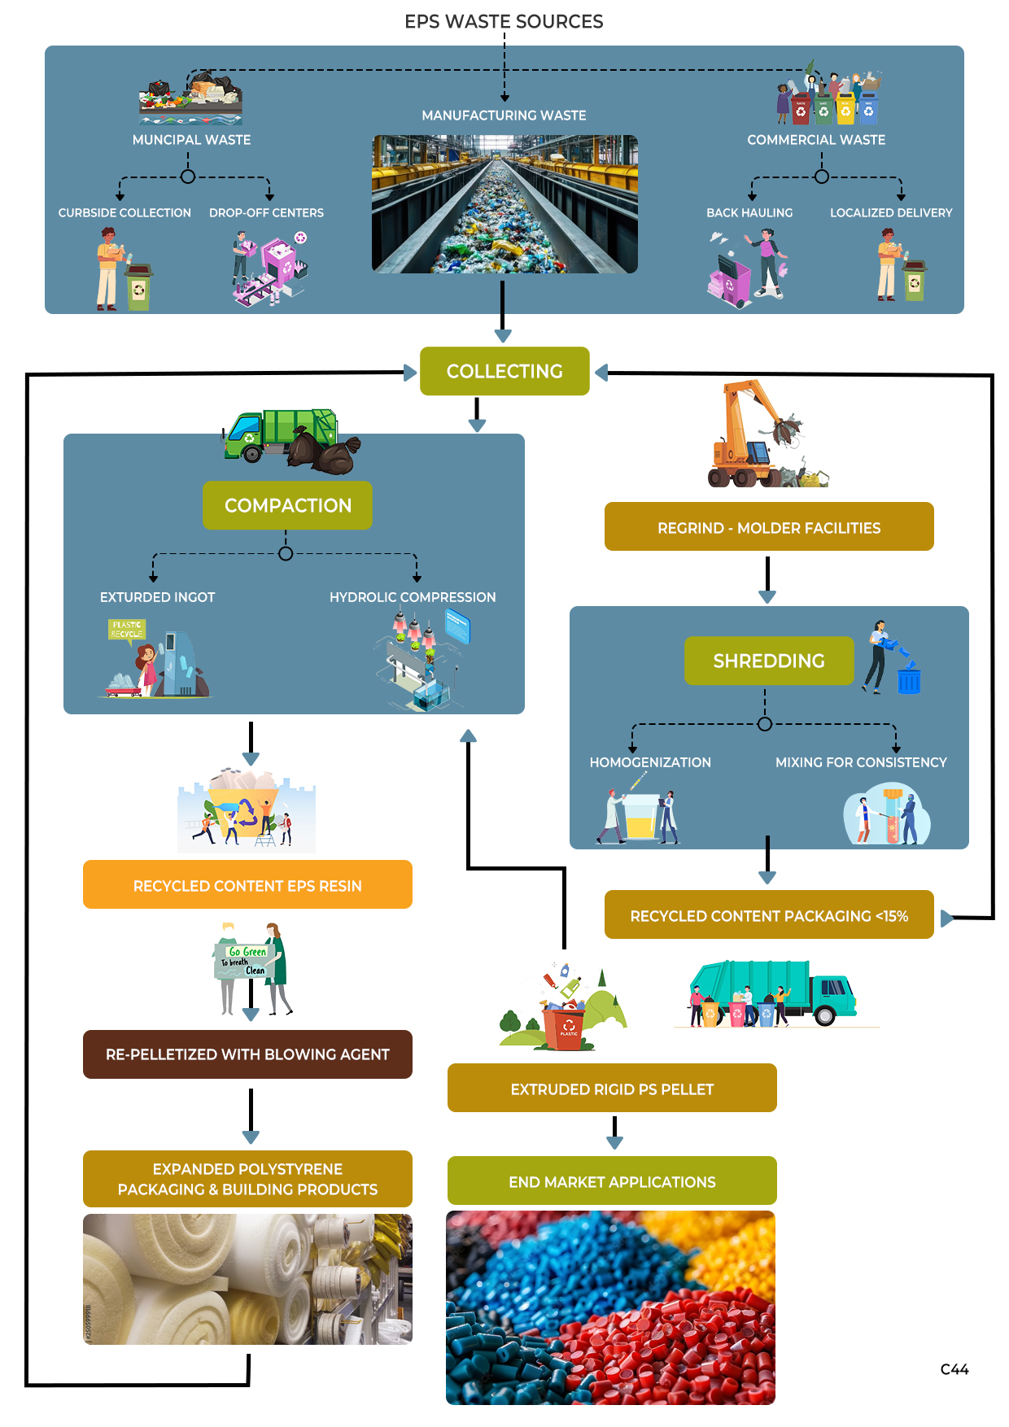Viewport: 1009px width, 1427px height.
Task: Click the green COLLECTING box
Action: (504, 371)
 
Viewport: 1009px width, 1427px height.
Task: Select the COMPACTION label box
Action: (287, 505)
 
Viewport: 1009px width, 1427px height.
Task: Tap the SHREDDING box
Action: (768, 661)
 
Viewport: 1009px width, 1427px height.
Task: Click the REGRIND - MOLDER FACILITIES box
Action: (768, 527)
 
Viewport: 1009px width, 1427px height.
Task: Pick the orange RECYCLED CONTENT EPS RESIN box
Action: (247, 885)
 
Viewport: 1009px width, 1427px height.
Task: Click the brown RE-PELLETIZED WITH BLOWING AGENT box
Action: (247, 1054)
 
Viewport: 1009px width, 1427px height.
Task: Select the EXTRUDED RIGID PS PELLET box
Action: (612, 1089)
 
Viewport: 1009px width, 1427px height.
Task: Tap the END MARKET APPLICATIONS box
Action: (612, 1181)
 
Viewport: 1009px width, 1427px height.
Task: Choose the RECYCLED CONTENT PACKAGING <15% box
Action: (768, 915)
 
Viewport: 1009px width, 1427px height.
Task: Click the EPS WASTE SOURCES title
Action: (504, 21)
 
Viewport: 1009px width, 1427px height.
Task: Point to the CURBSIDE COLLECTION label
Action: (124, 212)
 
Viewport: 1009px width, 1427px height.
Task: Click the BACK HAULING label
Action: (749, 212)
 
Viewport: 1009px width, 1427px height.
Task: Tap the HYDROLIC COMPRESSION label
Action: (413, 597)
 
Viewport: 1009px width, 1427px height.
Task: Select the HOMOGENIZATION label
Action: (650, 762)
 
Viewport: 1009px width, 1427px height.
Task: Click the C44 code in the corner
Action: (954, 1369)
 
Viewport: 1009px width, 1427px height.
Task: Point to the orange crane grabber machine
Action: (753, 435)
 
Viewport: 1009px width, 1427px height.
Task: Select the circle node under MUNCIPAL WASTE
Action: (188, 177)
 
